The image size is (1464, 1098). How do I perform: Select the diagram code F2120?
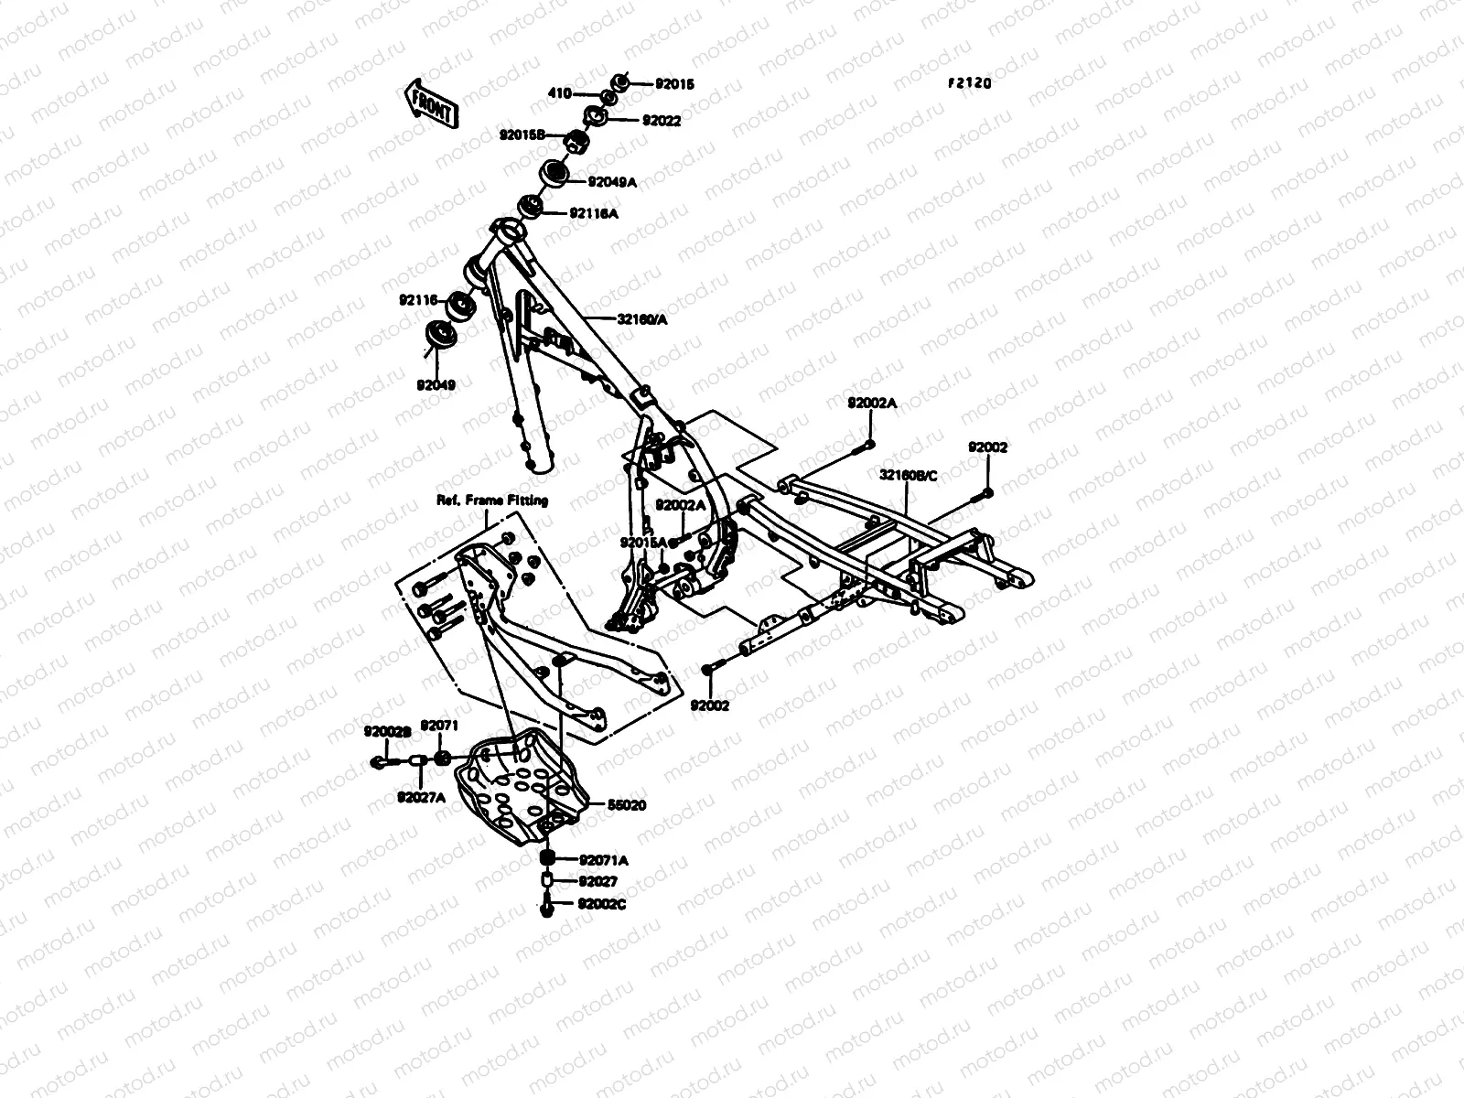(969, 83)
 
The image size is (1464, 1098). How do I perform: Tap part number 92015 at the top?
(674, 84)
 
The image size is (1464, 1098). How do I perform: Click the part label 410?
(560, 93)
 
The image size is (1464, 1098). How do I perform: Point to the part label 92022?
(661, 120)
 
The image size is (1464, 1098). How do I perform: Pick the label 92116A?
(594, 213)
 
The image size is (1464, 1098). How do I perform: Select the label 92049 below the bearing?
(436, 385)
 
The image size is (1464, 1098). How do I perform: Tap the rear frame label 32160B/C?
(908, 476)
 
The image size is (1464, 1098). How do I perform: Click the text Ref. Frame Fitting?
(491, 501)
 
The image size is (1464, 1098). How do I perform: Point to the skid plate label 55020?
(627, 805)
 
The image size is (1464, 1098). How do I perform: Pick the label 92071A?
(603, 860)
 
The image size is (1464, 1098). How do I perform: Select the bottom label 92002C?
(602, 904)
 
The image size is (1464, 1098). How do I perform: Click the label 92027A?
(421, 797)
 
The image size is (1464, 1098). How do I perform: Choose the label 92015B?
(522, 135)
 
